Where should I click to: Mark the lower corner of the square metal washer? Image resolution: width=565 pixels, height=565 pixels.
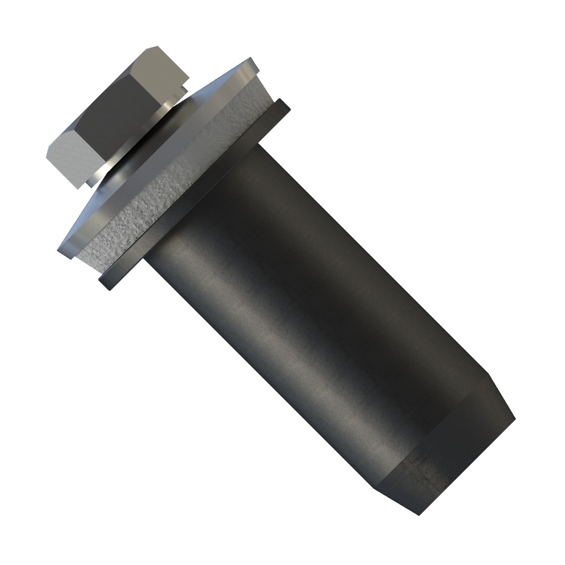[64, 254]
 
